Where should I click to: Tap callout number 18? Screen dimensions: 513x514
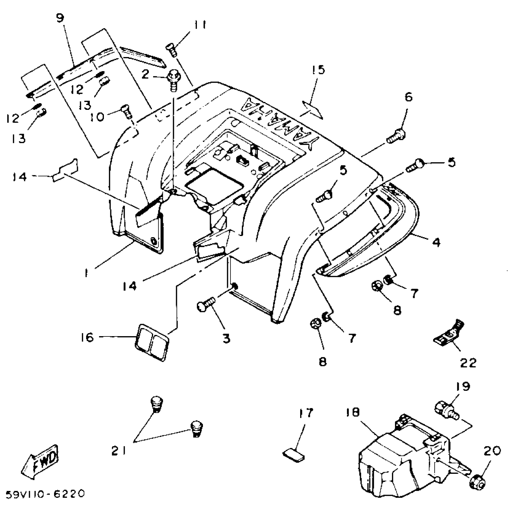pos(353,413)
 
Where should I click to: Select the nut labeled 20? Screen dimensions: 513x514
pos(478,479)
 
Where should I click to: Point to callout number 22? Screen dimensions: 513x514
pos(468,362)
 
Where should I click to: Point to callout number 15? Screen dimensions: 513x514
pos(318,70)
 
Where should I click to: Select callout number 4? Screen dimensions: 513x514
pos(436,242)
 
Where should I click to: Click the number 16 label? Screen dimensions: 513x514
pos(88,337)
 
